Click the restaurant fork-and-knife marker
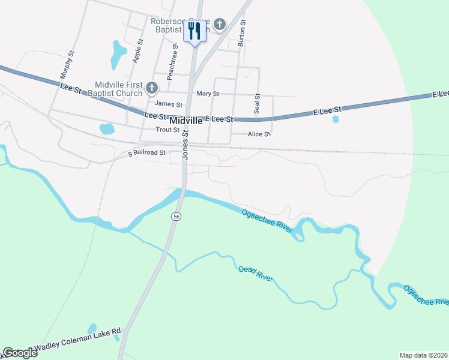pos(194,31)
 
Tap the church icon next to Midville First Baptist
pos(152,89)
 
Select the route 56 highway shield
pos(176,216)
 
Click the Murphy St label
pos(67,65)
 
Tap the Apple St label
pos(137,51)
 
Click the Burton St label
pos(242,33)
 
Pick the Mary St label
pos(208,94)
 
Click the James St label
pos(169,104)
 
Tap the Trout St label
pos(167,130)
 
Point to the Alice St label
pos(259,134)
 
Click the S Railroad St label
pos(147,153)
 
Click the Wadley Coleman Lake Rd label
pos(77,339)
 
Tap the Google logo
pos(20,353)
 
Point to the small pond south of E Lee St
pos(335,119)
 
